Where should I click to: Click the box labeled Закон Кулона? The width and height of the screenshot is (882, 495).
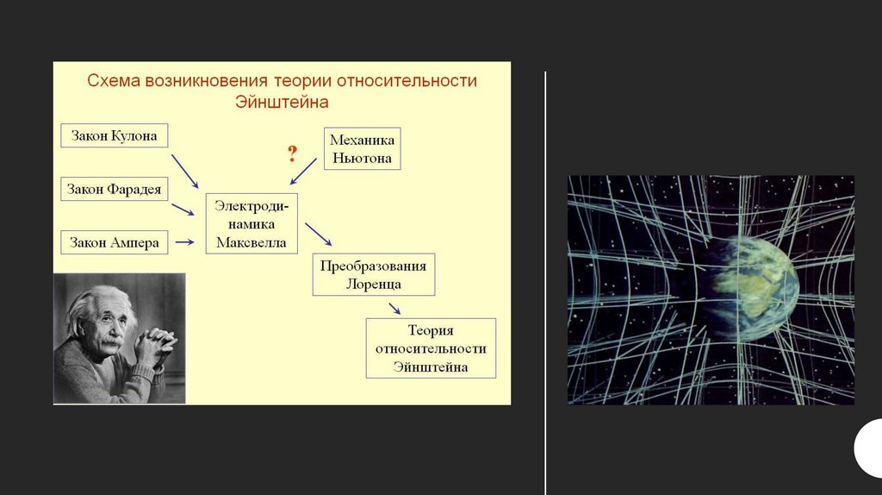click(114, 136)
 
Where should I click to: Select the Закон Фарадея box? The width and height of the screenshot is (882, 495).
click(114, 189)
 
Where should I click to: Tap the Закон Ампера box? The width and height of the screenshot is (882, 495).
click(114, 243)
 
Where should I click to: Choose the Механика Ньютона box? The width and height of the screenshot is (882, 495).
click(362, 147)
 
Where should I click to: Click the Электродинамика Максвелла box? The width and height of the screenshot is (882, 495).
click(252, 222)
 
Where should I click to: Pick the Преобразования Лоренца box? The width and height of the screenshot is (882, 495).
click(373, 274)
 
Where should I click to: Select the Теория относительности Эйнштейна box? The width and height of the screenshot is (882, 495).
click(431, 348)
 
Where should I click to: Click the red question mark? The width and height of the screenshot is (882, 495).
click(292, 155)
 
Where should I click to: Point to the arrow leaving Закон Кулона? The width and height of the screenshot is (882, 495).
click(185, 172)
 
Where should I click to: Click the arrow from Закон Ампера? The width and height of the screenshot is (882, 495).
click(184, 243)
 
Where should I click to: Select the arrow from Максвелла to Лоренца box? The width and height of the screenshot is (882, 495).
click(319, 234)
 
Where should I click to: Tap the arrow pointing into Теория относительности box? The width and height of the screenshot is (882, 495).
click(394, 309)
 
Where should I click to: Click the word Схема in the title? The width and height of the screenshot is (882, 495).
click(114, 81)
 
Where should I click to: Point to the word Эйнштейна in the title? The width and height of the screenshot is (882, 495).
click(282, 102)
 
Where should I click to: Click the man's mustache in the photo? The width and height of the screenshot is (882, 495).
click(112, 343)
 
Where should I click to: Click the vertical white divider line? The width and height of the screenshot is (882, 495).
click(545, 285)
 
